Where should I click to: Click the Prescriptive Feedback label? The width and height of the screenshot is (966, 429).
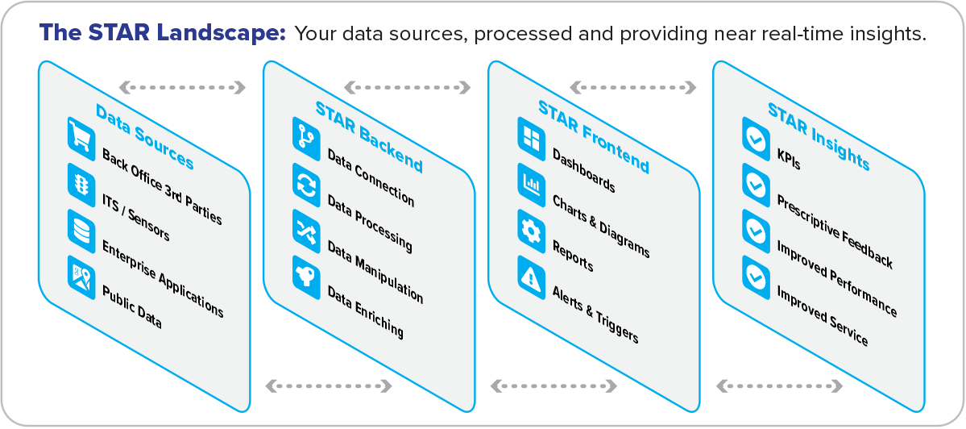834,231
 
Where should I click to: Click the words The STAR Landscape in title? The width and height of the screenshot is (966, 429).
163,33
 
